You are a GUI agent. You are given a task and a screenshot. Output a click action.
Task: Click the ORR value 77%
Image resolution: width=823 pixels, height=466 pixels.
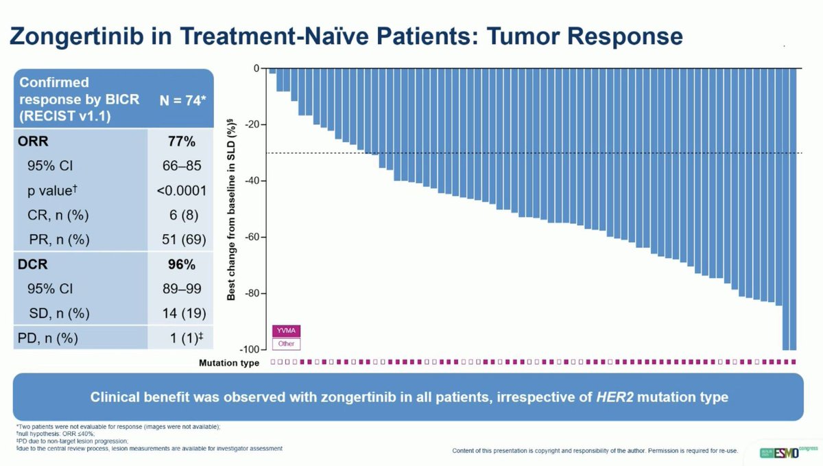pos(182,143)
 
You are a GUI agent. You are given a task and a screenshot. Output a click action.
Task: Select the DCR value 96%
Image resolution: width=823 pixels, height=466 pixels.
pos(182,263)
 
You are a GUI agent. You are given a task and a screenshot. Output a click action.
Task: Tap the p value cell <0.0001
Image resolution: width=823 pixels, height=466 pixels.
pos(182,191)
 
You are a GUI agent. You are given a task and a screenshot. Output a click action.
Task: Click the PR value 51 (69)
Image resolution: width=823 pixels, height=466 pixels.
pos(182,240)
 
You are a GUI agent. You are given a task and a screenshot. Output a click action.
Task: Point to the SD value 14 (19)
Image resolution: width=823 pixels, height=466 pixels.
pos(182,314)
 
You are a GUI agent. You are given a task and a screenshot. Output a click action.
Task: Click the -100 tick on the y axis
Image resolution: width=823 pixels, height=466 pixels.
pos(252,350)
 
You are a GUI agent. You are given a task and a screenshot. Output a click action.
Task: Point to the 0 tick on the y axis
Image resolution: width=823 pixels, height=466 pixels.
pos(258,69)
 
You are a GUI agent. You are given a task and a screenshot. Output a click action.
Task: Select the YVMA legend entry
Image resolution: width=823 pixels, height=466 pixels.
pos(287,331)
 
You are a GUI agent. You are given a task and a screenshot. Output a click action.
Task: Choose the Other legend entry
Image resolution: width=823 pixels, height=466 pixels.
pos(287,343)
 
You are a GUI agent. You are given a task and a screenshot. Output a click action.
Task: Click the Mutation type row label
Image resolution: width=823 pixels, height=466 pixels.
pos(229,362)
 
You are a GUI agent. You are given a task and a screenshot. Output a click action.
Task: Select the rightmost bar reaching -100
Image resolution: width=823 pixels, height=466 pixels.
pos(794,209)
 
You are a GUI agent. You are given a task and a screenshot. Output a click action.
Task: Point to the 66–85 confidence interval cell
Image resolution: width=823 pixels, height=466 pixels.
pos(182,167)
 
